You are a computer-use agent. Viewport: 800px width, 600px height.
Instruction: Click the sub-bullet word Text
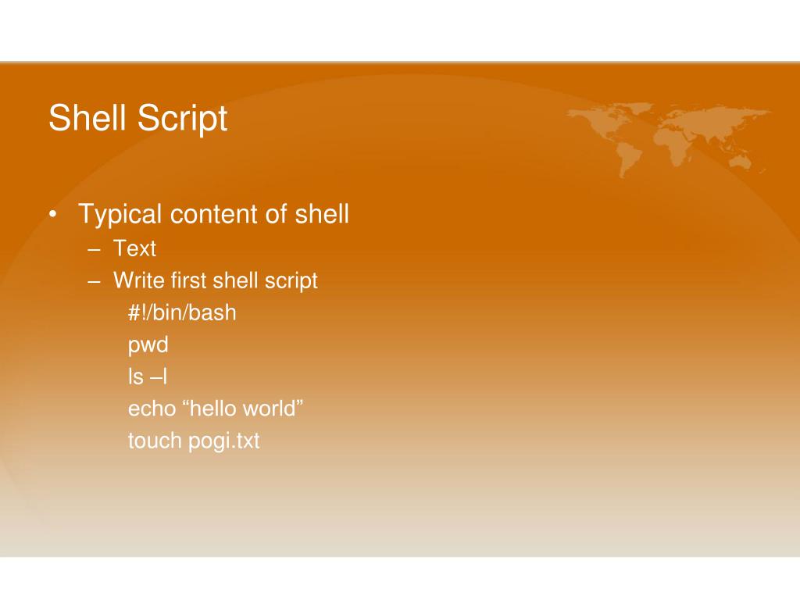(134, 249)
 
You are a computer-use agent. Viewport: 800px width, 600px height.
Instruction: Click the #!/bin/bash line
(182, 313)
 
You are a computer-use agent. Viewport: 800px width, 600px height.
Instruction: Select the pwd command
(148, 345)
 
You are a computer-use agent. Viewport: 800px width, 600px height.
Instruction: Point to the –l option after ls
(159, 377)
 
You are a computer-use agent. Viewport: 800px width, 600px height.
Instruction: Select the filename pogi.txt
(224, 441)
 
